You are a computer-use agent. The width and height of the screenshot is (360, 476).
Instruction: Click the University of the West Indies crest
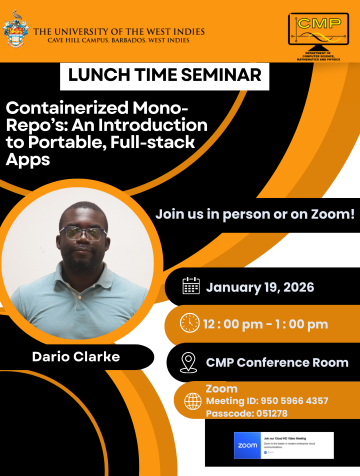16,30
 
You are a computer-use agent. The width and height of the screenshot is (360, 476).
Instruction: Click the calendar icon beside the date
191,286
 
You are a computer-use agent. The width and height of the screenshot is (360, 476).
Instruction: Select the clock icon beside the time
189,322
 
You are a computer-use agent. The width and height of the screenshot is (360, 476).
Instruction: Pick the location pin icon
188,361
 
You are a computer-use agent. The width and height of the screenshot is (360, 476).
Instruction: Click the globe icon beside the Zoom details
192,401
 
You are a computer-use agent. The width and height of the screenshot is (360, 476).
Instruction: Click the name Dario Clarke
76,356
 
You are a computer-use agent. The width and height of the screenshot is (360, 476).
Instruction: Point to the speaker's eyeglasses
82,233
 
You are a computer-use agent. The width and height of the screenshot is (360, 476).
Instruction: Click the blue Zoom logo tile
247,445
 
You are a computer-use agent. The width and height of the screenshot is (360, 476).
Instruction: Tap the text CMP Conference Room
277,362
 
